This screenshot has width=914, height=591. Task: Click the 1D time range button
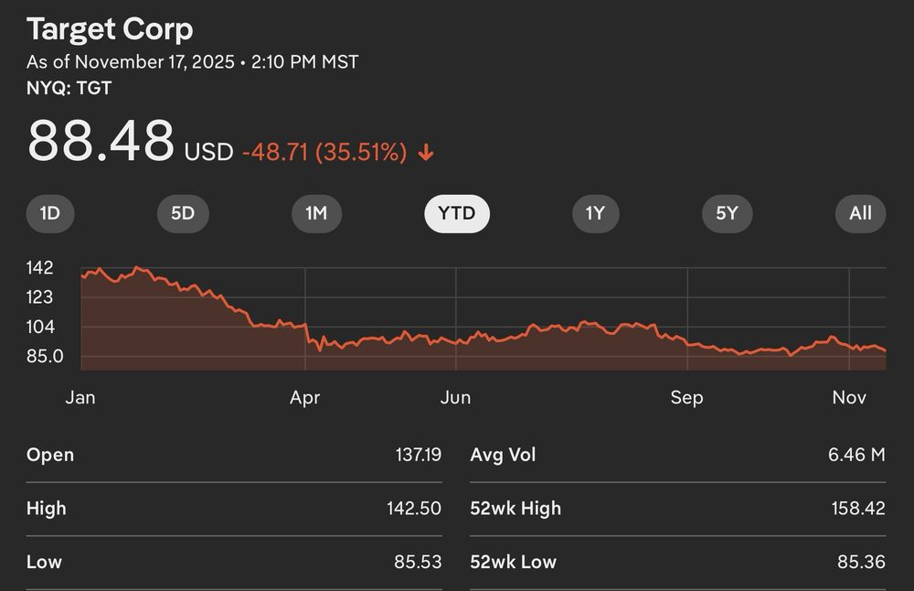click(49, 214)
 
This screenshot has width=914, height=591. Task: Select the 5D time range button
click(183, 214)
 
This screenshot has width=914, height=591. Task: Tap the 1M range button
click(316, 214)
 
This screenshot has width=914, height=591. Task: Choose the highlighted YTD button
click(457, 214)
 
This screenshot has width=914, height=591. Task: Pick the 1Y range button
click(595, 214)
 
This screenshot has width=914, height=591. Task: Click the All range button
click(860, 214)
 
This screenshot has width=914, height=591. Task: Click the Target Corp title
click(110, 29)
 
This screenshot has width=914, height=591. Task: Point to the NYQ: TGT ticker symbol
click(69, 89)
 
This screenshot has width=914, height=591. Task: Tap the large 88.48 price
click(101, 141)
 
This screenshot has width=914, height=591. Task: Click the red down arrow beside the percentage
click(425, 153)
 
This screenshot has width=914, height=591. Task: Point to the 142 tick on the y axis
click(40, 268)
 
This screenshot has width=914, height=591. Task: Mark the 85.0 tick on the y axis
click(45, 356)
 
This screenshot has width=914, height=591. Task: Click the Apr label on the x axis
click(304, 398)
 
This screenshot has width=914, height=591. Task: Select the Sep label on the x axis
click(686, 398)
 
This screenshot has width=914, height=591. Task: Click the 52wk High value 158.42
click(858, 509)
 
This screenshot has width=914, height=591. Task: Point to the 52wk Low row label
click(513, 562)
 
